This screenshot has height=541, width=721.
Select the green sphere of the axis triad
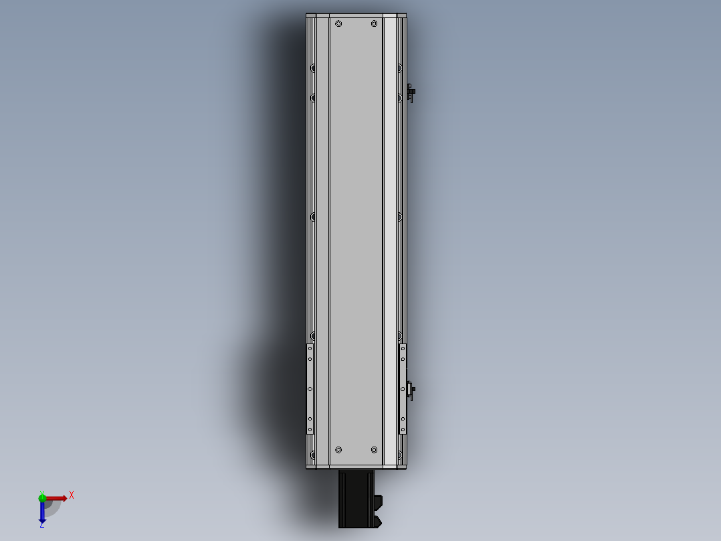click(42, 497)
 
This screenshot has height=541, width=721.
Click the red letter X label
click(72, 495)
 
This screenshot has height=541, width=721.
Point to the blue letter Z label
click(41, 526)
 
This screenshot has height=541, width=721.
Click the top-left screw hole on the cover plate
click(338, 24)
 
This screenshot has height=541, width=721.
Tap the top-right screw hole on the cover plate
click(374, 24)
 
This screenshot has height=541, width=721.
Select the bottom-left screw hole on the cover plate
click(338, 449)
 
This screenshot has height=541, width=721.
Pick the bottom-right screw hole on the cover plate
click(374, 449)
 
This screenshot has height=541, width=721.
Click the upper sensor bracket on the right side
click(411, 92)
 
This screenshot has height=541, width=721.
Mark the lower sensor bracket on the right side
click(410, 390)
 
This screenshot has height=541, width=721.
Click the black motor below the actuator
click(356, 499)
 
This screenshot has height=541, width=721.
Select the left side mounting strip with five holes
click(310, 389)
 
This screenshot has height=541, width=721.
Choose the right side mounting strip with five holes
click(403, 389)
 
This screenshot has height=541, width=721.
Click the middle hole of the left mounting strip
click(310, 389)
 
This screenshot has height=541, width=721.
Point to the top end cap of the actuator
click(356, 15)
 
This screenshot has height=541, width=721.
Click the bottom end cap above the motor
click(356, 467)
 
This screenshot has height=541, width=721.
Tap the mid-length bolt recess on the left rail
click(313, 216)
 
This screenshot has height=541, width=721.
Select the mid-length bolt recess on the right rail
click(399, 216)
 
